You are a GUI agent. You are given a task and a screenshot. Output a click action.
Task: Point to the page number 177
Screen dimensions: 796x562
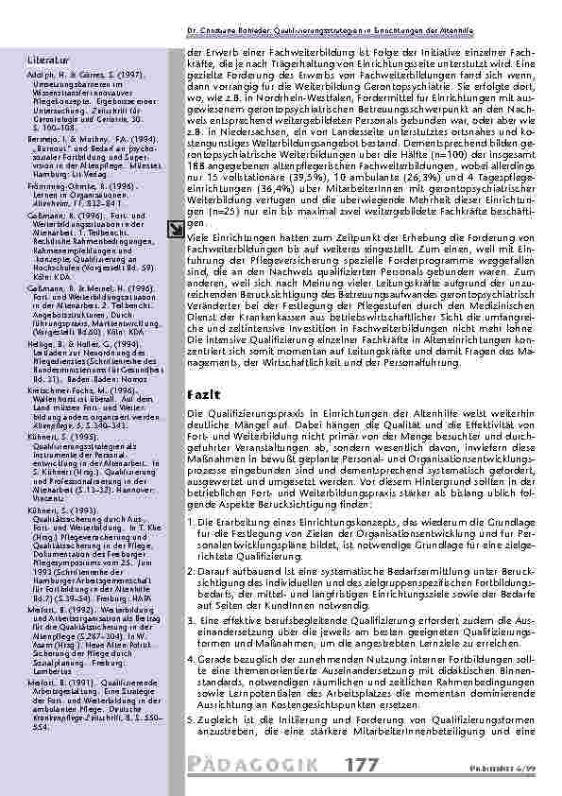coord(363,763)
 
